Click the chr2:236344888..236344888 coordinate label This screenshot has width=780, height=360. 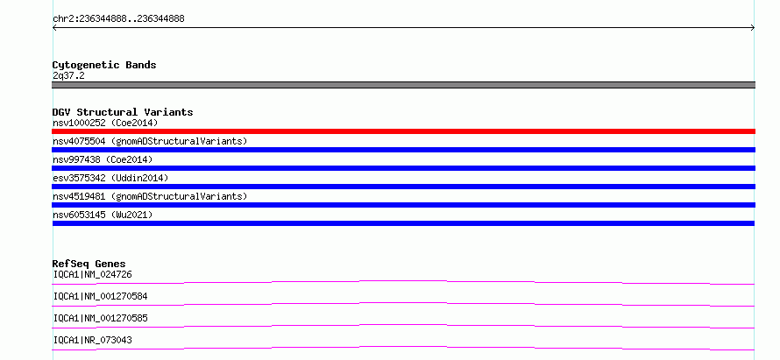[x=118, y=19]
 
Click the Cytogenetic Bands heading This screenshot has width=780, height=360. [x=104, y=65]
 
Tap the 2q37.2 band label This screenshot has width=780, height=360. [x=68, y=75]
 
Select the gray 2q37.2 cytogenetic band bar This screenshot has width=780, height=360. [x=403, y=85]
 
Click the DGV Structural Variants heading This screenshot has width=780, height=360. [x=123, y=112]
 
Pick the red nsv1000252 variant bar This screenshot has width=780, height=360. [x=403, y=131]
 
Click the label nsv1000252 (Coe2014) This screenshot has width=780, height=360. [x=105, y=123]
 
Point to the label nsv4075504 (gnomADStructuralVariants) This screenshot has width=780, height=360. [x=150, y=141]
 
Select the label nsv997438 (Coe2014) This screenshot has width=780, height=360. [x=103, y=159]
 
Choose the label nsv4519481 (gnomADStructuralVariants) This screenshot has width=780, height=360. [x=150, y=196]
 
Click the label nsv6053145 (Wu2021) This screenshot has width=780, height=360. [x=103, y=215]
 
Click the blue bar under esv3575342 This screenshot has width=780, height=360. [x=403, y=187]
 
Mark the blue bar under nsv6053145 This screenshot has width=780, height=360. [x=403, y=223]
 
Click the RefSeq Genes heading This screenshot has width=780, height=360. [x=89, y=264]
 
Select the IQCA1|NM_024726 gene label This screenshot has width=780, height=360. [x=93, y=274]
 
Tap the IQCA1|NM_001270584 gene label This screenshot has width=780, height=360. [x=100, y=296]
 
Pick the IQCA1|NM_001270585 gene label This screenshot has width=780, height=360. [x=100, y=318]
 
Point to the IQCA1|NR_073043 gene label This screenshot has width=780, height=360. [x=93, y=340]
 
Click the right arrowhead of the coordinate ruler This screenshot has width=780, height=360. [x=754, y=28]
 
